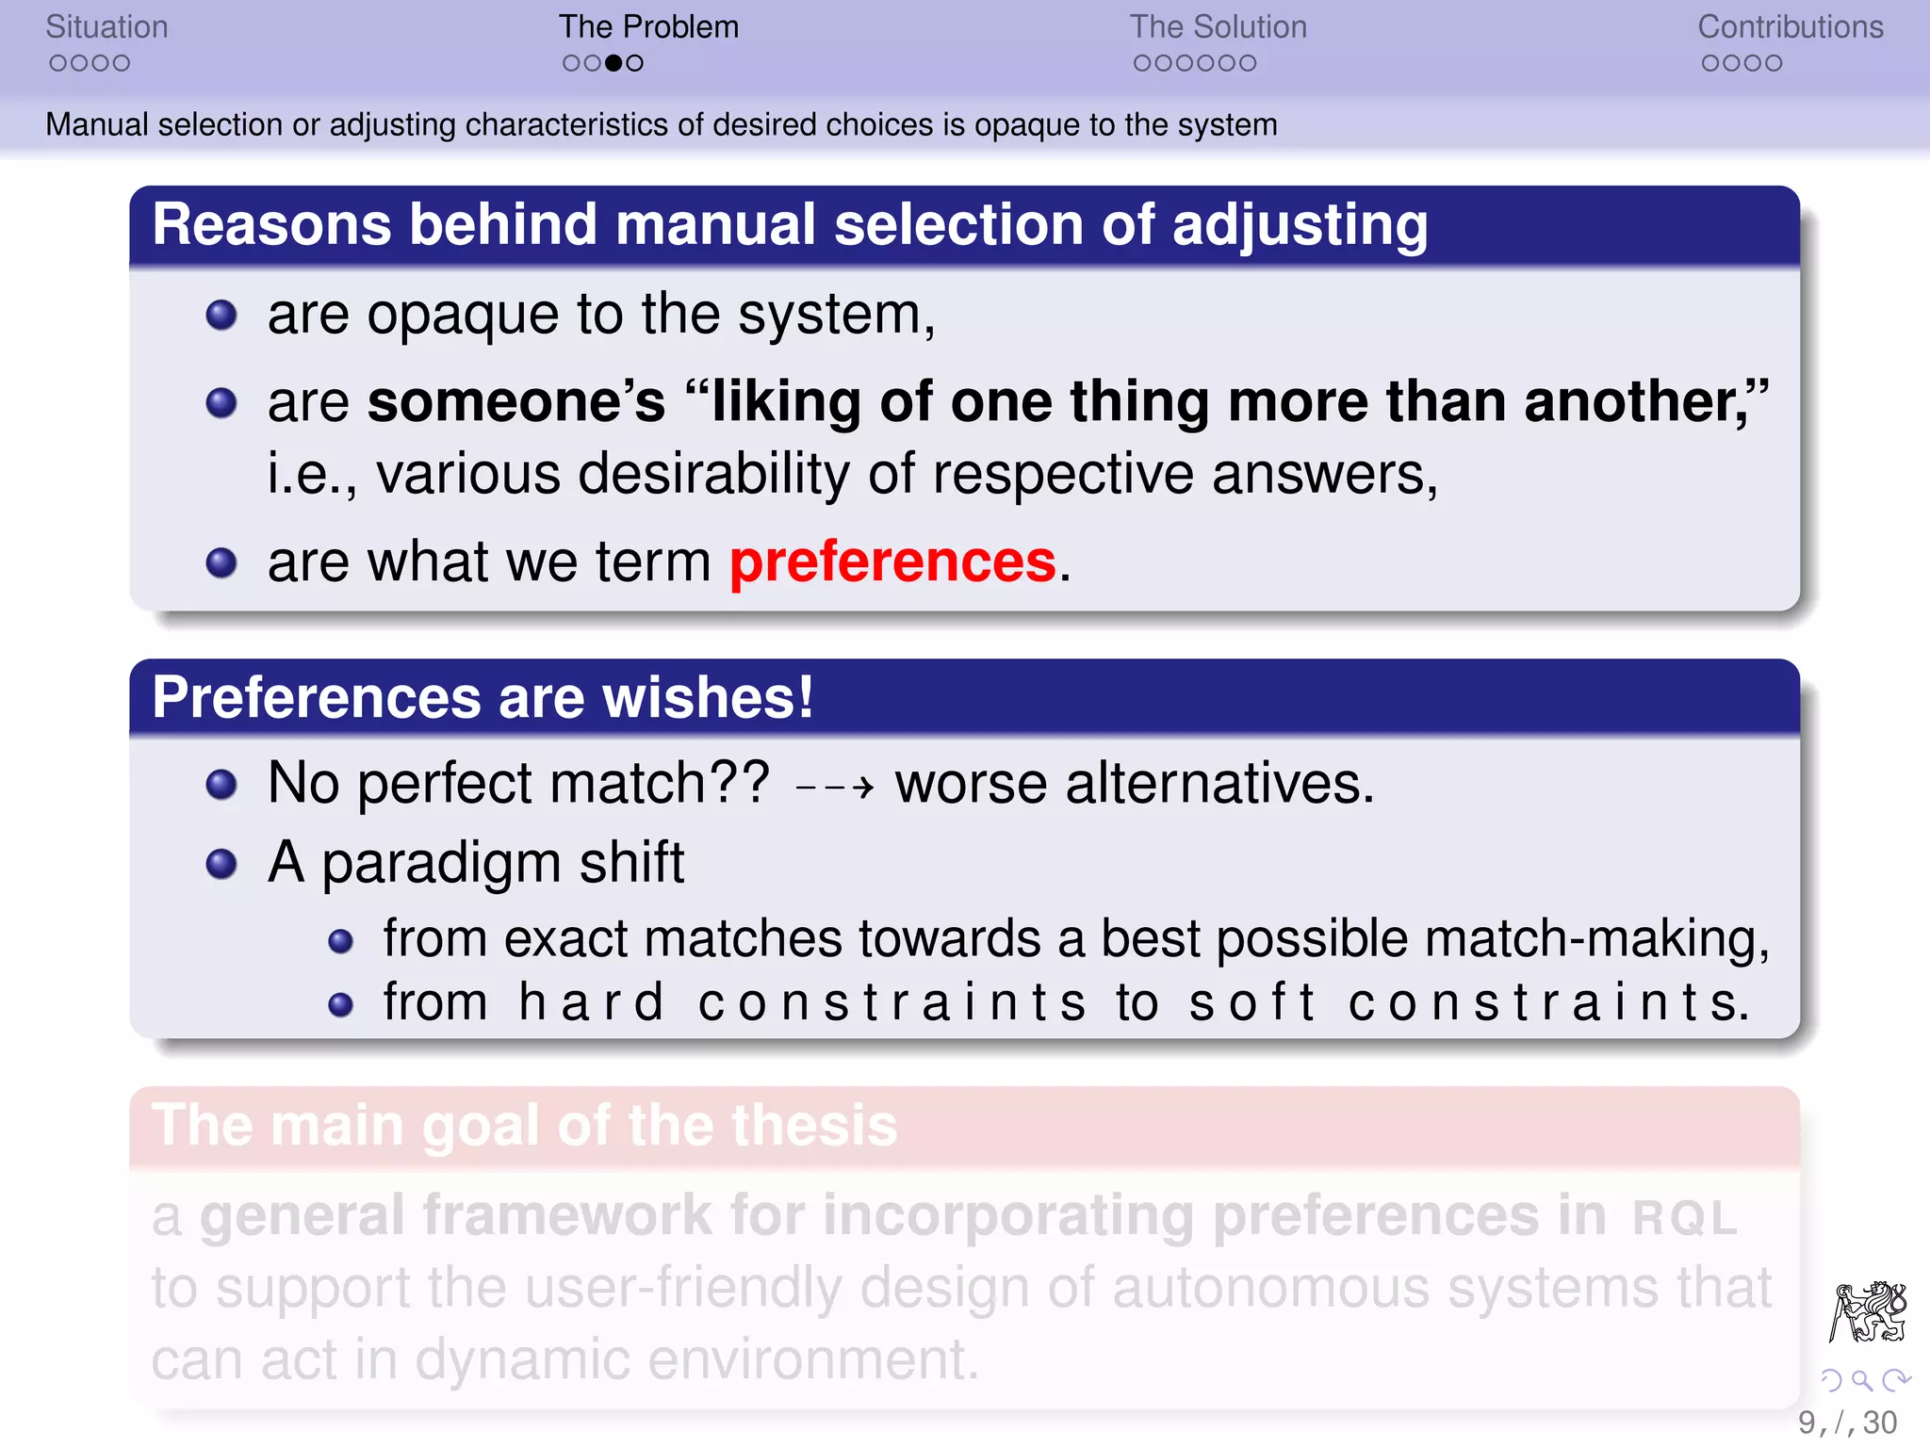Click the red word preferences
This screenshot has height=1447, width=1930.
click(892, 562)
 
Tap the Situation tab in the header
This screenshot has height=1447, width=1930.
click(106, 27)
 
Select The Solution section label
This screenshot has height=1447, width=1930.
click(1218, 27)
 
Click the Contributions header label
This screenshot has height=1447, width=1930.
click(1790, 27)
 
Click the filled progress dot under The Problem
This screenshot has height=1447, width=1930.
click(613, 63)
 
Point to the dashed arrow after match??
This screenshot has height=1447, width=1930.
click(835, 786)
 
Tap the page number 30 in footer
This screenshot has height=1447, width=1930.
click(1879, 1423)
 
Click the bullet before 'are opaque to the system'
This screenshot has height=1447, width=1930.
click(221, 315)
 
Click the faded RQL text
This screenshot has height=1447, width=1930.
click(1684, 1218)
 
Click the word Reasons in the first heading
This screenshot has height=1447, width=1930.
click(271, 225)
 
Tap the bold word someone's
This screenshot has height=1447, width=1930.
click(515, 402)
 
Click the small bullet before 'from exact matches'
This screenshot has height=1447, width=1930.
click(340, 941)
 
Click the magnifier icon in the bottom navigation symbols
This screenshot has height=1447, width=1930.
click(1861, 1381)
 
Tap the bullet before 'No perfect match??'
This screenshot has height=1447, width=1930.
click(221, 784)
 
